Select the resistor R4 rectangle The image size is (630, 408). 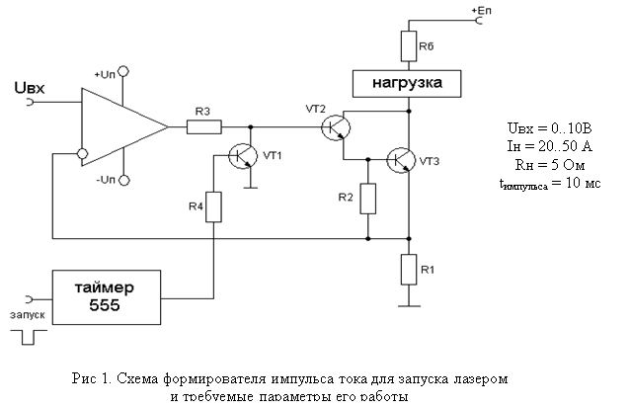click(214, 208)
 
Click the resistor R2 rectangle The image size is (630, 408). click(368, 199)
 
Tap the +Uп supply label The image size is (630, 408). click(106, 74)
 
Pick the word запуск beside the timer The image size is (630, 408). click(29, 316)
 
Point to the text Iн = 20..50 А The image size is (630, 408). click(545, 145)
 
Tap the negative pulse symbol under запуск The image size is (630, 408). click(28, 338)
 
